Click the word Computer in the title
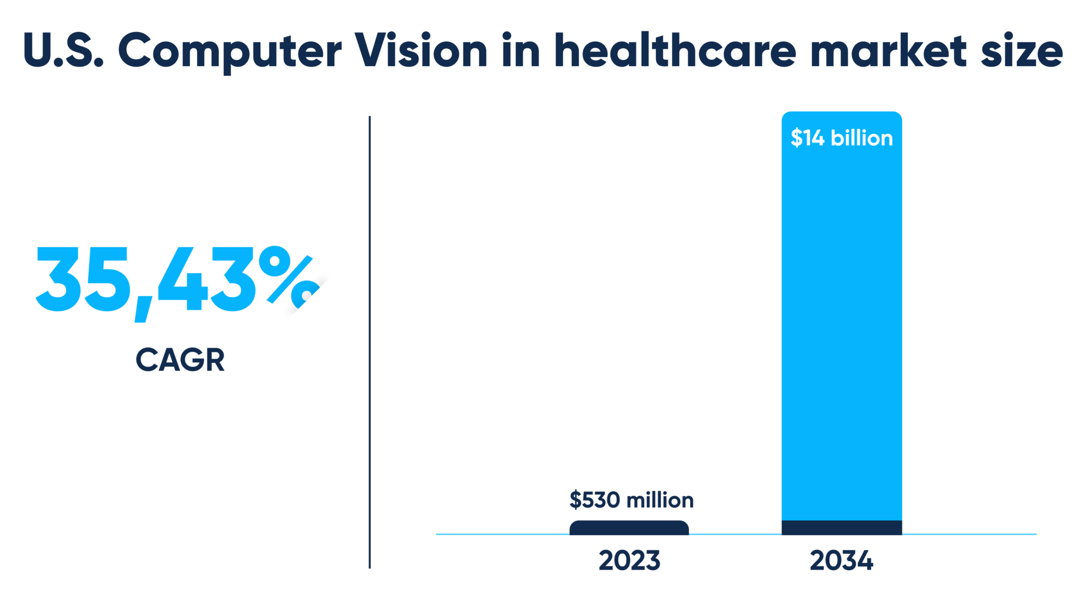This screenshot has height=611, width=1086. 230,52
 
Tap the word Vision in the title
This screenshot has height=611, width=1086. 421,51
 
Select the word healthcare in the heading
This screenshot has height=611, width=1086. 675,51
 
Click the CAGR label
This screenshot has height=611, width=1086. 180,360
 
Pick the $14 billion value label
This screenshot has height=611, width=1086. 842,138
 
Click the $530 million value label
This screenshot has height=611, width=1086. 631,500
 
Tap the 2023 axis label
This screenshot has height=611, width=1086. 629,561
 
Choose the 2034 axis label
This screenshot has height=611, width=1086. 841,561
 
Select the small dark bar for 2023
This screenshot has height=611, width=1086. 629,528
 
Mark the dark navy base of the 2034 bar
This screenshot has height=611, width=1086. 842,528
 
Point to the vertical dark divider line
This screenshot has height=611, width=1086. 370,342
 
